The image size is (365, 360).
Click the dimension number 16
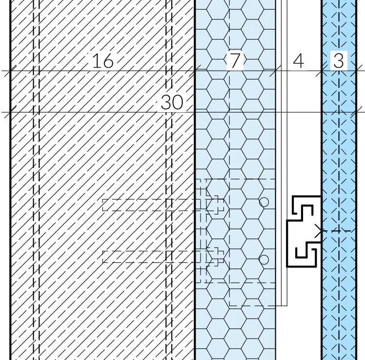[x=103, y=61]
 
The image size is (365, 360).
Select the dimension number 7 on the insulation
[x=235, y=60]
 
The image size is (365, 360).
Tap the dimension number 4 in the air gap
[x=299, y=61]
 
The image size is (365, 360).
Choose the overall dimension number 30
[x=172, y=102]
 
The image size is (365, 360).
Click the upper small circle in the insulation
[x=264, y=202]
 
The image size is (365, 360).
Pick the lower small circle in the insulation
[x=264, y=260]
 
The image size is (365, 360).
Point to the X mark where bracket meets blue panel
[x=319, y=231]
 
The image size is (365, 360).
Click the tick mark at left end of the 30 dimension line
[x=10, y=112]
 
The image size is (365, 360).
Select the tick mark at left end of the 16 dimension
[x=10, y=71]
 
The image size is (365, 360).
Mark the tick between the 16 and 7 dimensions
[x=195, y=71]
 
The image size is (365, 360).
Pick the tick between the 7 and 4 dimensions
[x=276, y=71]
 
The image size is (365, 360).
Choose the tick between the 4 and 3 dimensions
[x=322, y=71]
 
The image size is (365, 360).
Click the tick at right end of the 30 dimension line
[x=357, y=112]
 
